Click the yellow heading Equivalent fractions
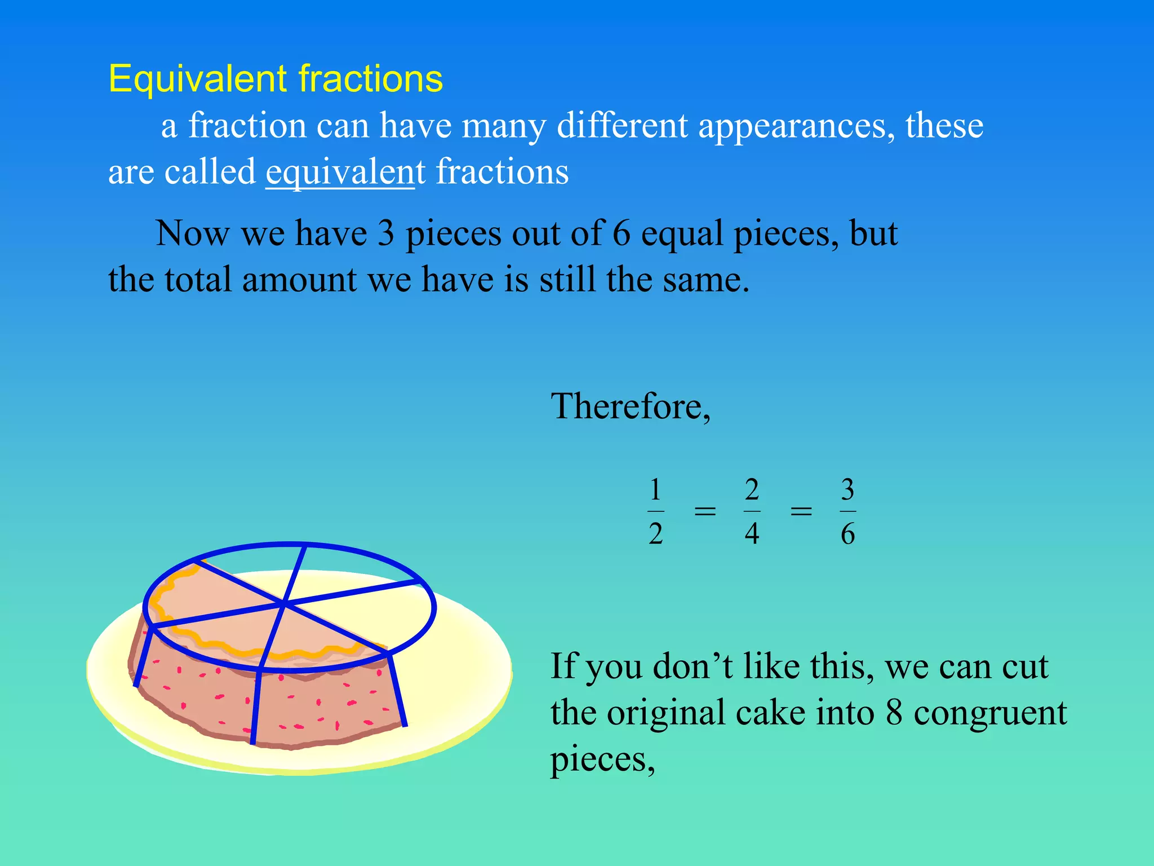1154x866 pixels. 276,78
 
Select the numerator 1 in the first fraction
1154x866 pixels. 655,489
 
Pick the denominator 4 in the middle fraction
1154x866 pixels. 752,533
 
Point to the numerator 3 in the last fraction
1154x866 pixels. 847,489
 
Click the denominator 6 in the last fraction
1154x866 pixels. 847,533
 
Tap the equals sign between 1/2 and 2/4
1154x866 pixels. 704,511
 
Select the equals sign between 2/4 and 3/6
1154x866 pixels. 801,511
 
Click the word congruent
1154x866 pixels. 990,714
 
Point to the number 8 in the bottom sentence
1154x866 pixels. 894,713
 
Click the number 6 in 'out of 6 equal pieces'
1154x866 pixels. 621,233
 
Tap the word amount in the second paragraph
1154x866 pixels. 299,280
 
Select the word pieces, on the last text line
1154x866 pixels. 602,760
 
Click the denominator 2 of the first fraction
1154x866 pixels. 655,533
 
